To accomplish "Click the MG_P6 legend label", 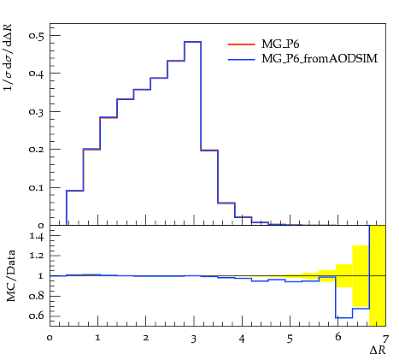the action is click(x=280, y=44).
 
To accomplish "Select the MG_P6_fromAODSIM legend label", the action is click(x=320, y=58).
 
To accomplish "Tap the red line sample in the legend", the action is click(x=242, y=44).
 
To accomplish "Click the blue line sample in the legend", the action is click(x=242, y=59).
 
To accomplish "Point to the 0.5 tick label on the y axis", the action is click(x=37, y=35).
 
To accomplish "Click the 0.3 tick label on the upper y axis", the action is click(x=37, y=111).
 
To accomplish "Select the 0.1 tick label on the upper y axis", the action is click(x=37, y=187).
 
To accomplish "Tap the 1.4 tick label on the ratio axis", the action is click(x=37, y=236).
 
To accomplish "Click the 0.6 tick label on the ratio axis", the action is click(x=37, y=316).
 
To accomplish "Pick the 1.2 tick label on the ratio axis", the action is click(x=37, y=256).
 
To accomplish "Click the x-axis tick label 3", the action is click(x=194, y=339).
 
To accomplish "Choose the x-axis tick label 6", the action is click(x=337, y=337).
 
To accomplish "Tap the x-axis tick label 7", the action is click(x=385, y=339).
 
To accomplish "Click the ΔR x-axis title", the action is click(x=378, y=350).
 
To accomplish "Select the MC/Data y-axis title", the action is click(x=10, y=276).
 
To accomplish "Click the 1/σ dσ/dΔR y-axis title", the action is click(x=8, y=57).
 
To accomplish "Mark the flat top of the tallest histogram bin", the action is click(x=193, y=42).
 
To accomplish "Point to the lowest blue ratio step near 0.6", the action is click(x=344, y=317).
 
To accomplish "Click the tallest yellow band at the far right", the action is click(x=378, y=275).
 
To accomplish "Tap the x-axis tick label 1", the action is click(x=97, y=338).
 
